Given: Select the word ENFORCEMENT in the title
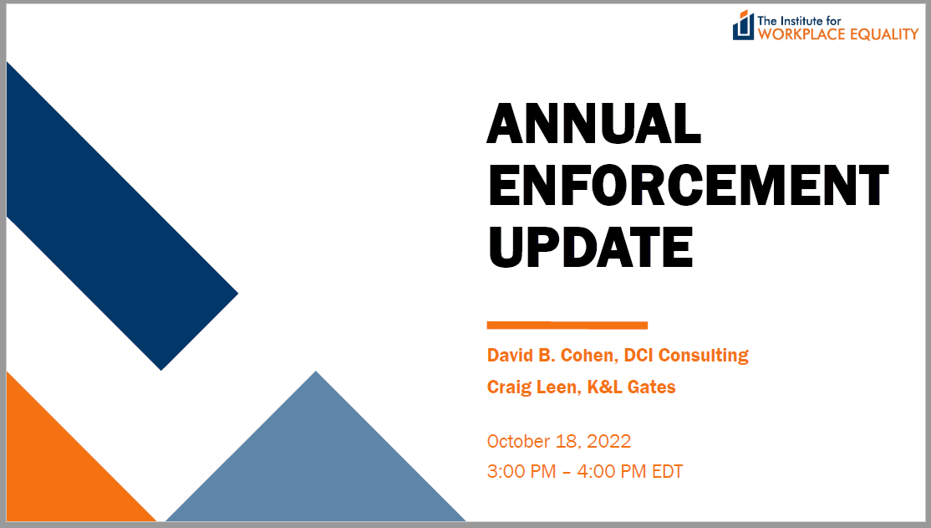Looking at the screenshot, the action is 688,185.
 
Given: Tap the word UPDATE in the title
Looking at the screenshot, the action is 590,247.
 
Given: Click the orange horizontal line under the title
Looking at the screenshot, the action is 567,326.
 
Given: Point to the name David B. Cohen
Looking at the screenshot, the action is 551,355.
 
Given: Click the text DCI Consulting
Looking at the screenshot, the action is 686,356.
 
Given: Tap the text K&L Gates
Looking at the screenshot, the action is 631,387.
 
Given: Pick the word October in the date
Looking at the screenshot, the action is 518,441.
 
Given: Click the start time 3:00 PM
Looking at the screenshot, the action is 521,471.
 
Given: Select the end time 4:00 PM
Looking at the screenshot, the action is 612,471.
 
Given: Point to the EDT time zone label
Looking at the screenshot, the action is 668,471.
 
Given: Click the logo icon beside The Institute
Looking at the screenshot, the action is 743,26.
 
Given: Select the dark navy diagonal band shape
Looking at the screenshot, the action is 119,214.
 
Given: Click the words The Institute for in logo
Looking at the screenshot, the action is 799,21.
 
